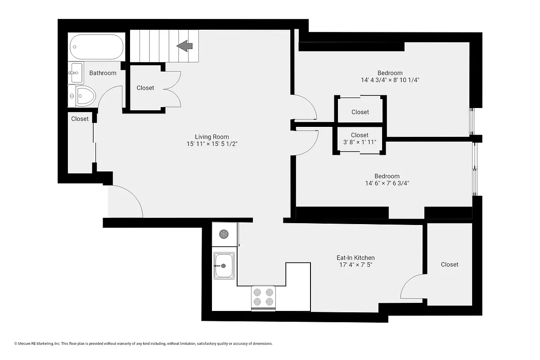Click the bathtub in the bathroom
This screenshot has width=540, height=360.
pos(96,47)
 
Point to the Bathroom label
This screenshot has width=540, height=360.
pos(103,73)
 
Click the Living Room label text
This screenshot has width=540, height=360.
pos(211,137)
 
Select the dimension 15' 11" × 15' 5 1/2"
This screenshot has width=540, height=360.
pos(211,144)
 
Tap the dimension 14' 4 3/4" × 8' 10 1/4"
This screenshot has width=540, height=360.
pos(390,80)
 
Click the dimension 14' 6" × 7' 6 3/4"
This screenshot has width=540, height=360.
pos(387,183)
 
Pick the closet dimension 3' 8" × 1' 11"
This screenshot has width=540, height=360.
pos(360,142)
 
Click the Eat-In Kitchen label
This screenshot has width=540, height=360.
pos(355,258)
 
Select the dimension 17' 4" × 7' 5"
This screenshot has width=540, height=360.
pos(355,265)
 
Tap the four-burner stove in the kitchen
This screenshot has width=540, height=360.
pos(263,297)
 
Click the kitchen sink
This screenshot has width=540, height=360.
pos(224,265)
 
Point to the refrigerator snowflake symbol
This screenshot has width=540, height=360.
pos(224,234)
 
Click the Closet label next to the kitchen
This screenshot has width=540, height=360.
pos(449,265)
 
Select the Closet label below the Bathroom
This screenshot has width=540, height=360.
pos(80,119)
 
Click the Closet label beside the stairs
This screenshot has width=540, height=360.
pos(145,88)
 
